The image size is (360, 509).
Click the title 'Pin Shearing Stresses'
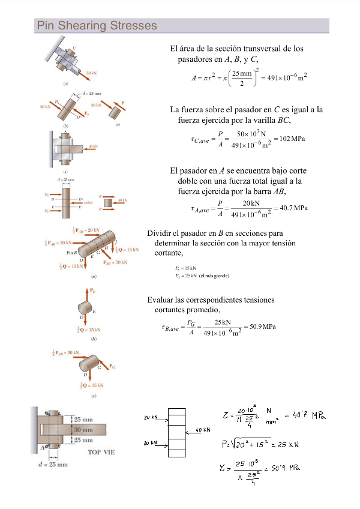(x=97, y=26)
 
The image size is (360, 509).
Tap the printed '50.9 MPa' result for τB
(x=261, y=327)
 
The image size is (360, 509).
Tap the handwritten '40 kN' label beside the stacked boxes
(x=203, y=430)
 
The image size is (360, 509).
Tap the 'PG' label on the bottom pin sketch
(x=112, y=366)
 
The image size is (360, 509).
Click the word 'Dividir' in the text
(x=160, y=233)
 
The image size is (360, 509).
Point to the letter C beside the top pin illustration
(x=74, y=47)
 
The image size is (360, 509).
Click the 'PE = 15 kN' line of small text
(x=185, y=268)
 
